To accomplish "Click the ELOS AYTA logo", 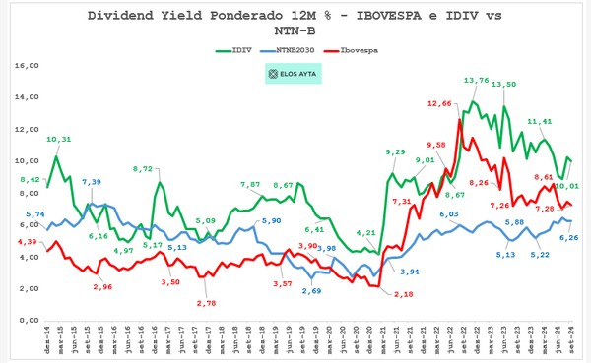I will point(295,73).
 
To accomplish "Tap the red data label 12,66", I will point(441,103).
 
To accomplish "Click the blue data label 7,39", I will point(91,183).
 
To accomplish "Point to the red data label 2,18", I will point(402,295).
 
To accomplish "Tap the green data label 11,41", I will point(539,122).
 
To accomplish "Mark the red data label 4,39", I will point(27,242).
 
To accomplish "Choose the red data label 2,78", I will point(206,303).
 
